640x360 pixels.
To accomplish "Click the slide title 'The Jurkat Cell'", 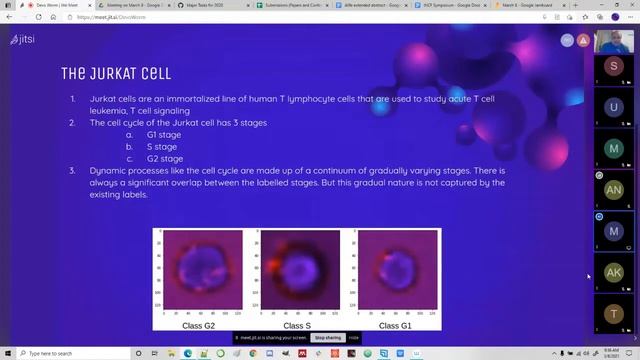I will (x=116, y=74).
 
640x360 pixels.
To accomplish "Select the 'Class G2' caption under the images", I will (x=198, y=325).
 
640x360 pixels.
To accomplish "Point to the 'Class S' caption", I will (x=297, y=325).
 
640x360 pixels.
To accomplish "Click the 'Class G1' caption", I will (x=395, y=325).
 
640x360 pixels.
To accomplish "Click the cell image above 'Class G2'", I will (x=200, y=272).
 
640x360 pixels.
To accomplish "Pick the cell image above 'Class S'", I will (x=298, y=272).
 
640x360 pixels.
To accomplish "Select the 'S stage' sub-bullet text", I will (x=162, y=146).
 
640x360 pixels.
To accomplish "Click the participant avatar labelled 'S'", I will (x=613, y=66).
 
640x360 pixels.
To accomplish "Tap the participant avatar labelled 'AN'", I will (x=613, y=190).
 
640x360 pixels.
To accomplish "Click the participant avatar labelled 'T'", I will (x=613, y=314).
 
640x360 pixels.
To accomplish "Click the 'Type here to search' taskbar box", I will (x=60, y=353).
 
